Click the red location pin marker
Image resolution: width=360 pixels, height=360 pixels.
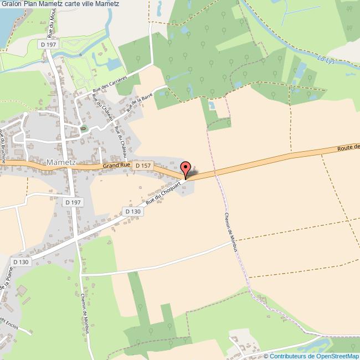(x=186, y=168)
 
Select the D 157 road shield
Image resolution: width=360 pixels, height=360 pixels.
(x=143, y=166)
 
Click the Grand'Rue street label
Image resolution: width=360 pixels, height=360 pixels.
(x=116, y=165)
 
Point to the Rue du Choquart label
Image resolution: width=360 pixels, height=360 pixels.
(x=163, y=195)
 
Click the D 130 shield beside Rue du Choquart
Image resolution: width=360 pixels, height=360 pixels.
(x=133, y=212)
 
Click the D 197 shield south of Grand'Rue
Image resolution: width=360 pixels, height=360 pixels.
(x=72, y=203)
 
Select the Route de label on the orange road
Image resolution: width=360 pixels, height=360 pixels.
(x=348, y=147)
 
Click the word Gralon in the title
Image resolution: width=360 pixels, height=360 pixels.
(x=12, y=5)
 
